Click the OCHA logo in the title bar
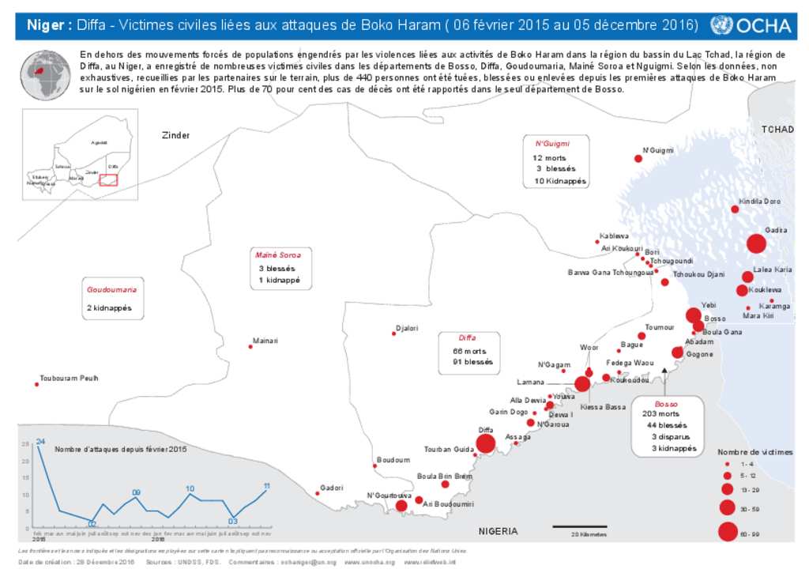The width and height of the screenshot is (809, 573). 750,25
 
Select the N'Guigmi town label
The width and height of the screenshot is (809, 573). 657,150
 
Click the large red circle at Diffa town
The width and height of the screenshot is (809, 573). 485,443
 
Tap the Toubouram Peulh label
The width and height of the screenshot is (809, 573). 69,379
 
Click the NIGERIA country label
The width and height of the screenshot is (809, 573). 499,531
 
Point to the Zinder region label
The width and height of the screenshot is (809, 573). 175,135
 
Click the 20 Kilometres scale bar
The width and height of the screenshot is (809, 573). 579,526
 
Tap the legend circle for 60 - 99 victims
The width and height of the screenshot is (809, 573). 727,532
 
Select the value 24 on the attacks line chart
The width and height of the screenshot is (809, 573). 40,440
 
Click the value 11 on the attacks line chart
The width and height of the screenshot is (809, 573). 267,486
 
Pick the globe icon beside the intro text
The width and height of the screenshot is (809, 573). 46,76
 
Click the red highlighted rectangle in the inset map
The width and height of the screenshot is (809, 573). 108,179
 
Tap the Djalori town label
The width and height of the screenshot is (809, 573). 407,327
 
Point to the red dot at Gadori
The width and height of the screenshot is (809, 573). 318,493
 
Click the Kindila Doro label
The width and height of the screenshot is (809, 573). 759,202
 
